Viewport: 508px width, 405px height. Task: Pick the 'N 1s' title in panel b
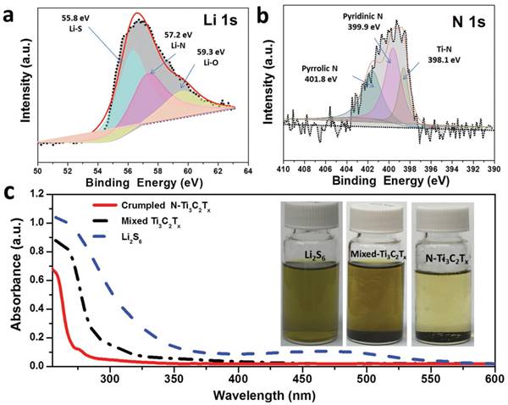pyautogui.click(x=471, y=18)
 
